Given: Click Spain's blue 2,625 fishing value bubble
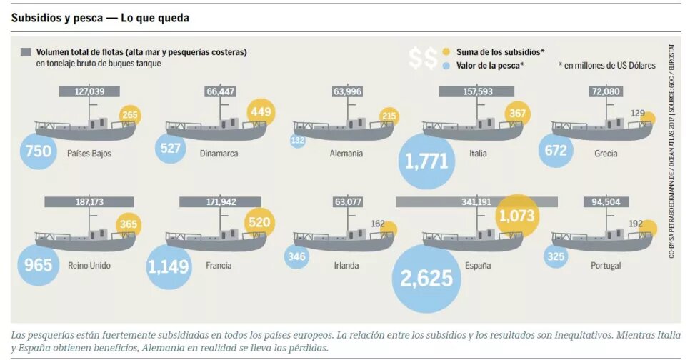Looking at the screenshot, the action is pyautogui.click(x=426, y=279).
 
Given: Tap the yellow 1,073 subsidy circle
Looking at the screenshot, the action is pyautogui.click(x=517, y=216).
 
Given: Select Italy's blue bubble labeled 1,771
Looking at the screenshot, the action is pyautogui.click(x=426, y=161).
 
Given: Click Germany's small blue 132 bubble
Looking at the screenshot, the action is pyautogui.click(x=298, y=141).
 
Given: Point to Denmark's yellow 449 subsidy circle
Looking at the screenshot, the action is pyautogui.click(x=261, y=111).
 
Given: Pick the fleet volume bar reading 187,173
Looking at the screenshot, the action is pyautogui.click(x=89, y=202).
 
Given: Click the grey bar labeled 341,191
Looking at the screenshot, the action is pyautogui.click(x=476, y=202).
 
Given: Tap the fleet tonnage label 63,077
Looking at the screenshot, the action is pyautogui.click(x=347, y=202).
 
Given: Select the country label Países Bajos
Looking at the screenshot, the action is pyautogui.click(x=89, y=154).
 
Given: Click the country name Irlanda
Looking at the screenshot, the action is pyautogui.click(x=346, y=265).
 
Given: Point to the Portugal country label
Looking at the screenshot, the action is pyautogui.click(x=606, y=266).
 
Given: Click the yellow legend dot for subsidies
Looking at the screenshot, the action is pyautogui.click(x=446, y=52).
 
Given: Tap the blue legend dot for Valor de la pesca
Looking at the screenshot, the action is pyautogui.click(x=446, y=66).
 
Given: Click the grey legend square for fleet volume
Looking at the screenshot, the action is pyautogui.click(x=26, y=52).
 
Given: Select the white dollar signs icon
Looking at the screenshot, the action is pyautogui.click(x=423, y=59).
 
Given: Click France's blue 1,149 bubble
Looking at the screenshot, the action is pyautogui.click(x=169, y=266).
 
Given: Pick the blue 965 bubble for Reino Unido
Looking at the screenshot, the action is pyautogui.click(x=38, y=265).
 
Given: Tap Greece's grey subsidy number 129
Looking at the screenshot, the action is pyautogui.click(x=637, y=114).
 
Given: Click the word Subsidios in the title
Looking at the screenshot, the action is pyautogui.click(x=34, y=18).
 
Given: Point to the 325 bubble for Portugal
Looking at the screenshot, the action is pyautogui.click(x=556, y=257).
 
